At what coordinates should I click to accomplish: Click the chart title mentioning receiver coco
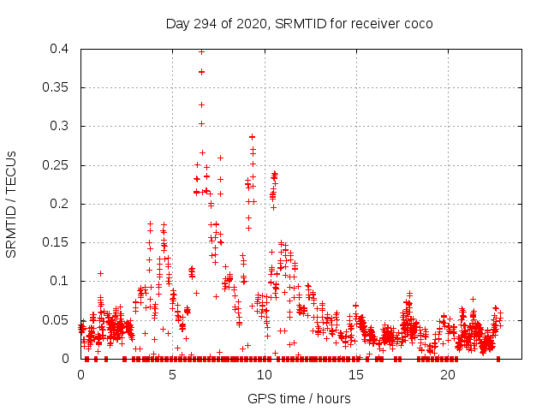coord(299,23)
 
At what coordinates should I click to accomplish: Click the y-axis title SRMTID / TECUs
coord(12,204)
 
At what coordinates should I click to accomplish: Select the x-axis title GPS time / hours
coord(299,398)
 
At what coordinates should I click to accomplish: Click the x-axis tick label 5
coord(173,375)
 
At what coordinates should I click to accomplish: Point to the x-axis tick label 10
coord(265,375)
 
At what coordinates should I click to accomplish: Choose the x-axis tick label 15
coord(356,375)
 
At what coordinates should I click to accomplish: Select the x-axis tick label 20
coord(448,375)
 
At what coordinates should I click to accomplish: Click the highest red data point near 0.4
coord(201,51)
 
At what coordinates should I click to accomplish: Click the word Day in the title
coord(177,23)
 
